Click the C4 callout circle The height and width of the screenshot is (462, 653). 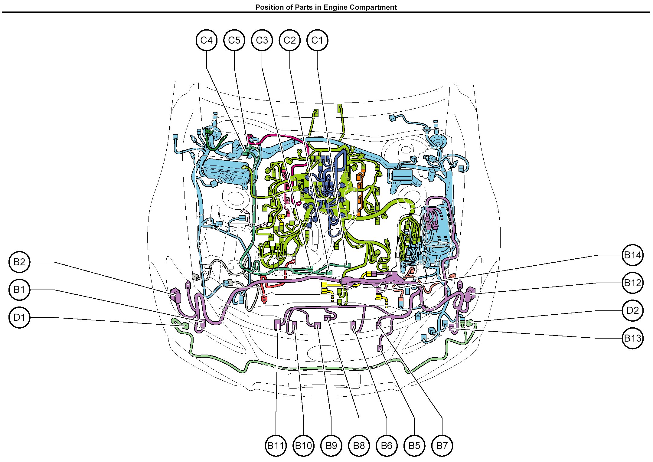207,40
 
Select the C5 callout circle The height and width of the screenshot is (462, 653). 234,40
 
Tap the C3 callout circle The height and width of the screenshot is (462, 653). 262,40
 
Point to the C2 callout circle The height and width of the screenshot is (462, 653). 290,40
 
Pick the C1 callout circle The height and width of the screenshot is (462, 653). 317,40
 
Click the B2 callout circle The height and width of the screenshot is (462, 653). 20,262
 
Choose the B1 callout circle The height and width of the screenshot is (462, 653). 20,290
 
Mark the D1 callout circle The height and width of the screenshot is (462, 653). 20,317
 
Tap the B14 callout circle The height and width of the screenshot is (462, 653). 633,255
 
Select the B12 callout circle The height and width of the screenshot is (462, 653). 633,283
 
